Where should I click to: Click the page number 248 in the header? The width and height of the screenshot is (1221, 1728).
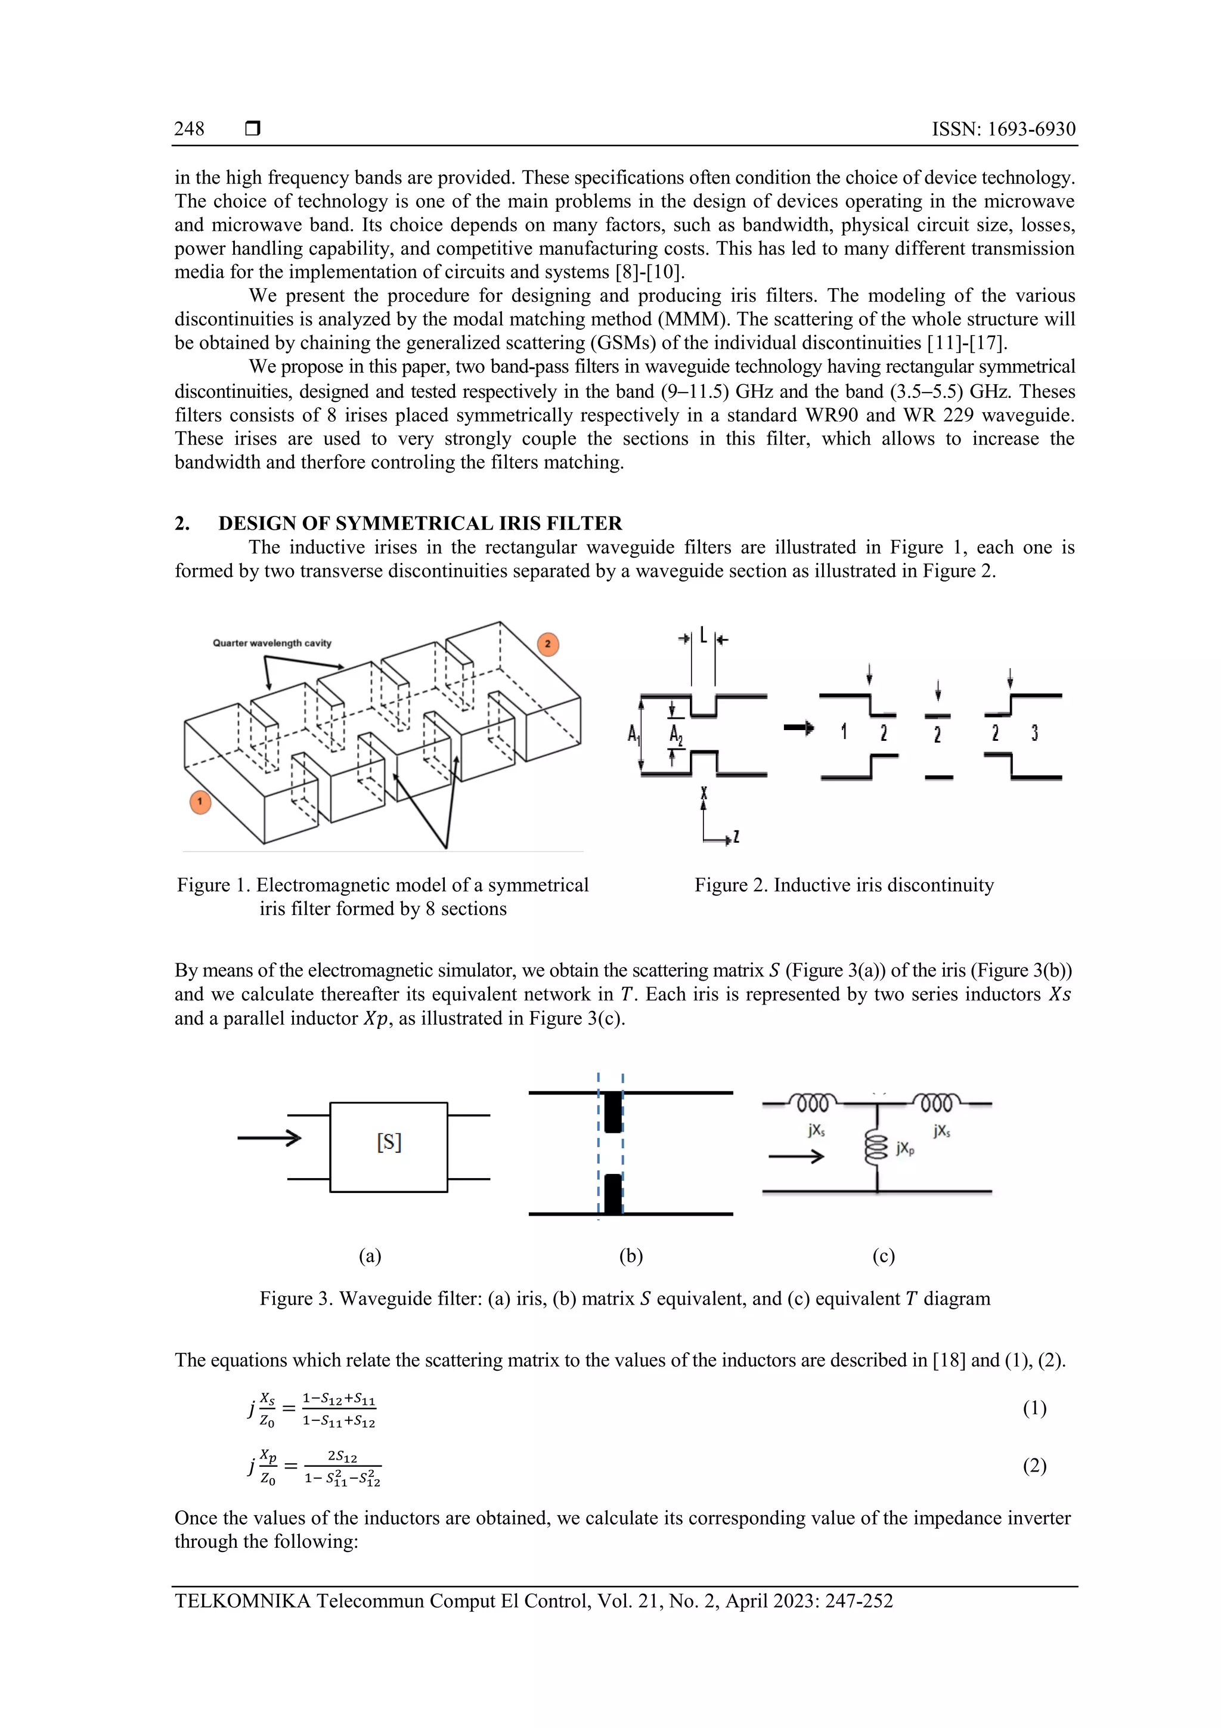pyautogui.click(x=189, y=129)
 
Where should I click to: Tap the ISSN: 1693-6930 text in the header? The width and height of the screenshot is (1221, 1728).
pyautogui.click(x=1003, y=129)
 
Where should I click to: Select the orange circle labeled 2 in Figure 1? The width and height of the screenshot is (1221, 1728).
pyautogui.click(x=548, y=644)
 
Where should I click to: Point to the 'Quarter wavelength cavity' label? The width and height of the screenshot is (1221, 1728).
pyautogui.click(x=272, y=644)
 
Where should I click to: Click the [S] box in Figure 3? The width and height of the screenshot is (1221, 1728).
pyautogui.click(x=389, y=1147)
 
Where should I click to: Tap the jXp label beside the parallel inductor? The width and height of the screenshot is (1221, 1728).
pyautogui.click(x=906, y=1148)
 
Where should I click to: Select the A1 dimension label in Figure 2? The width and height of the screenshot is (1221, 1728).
pyautogui.click(x=633, y=732)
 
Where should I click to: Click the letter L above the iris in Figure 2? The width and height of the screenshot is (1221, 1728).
pyautogui.click(x=704, y=636)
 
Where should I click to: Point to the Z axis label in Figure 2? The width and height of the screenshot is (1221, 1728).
pyautogui.click(x=736, y=836)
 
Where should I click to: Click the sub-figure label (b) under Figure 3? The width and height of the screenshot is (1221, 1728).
pyautogui.click(x=630, y=1256)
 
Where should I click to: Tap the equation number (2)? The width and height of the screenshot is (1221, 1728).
pyautogui.click(x=1034, y=1466)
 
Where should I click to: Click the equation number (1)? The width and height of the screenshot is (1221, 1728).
pyautogui.click(x=1034, y=1408)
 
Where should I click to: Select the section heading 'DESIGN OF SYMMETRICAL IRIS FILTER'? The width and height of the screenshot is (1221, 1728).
pyautogui.click(x=420, y=523)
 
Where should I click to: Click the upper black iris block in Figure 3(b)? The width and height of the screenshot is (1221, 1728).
pyautogui.click(x=613, y=1112)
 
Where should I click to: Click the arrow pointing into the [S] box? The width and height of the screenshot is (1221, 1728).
pyautogui.click(x=269, y=1138)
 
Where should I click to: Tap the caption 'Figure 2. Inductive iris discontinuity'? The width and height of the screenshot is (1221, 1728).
pyautogui.click(x=844, y=885)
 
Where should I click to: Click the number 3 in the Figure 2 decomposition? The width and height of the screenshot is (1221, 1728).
pyautogui.click(x=1034, y=732)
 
